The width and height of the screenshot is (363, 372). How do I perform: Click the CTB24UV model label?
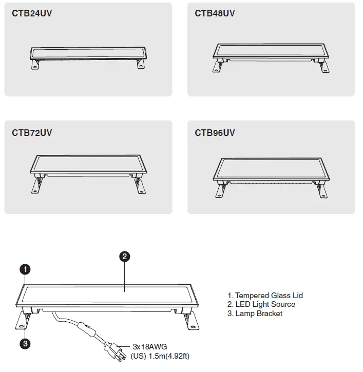click(x=32, y=13)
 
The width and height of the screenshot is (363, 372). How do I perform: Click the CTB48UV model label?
click(x=215, y=13)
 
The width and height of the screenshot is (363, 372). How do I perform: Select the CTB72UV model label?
click(x=32, y=133)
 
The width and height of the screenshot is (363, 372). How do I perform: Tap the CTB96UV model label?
click(x=215, y=133)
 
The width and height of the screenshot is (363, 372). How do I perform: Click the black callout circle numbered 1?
click(x=25, y=269)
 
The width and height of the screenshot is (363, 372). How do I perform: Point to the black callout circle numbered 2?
click(x=123, y=256)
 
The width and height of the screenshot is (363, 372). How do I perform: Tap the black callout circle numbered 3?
click(x=25, y=343)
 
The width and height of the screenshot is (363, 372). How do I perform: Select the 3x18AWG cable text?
click(x=149, y=347)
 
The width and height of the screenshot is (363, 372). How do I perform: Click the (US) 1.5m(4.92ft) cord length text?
click(x=160, y=356)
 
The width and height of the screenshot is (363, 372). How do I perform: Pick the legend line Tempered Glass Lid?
click(x=265, y=296)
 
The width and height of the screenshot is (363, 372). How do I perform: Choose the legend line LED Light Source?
click(x=261, y=304)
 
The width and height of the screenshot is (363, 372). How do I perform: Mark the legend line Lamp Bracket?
click(x=255, y=314)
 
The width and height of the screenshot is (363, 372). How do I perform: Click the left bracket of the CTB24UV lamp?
click(x=36, y=64)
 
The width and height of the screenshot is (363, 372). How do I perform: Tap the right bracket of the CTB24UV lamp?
click(x=140, y=64)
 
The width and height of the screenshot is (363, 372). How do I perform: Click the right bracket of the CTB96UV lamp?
click(x=322, y=190)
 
